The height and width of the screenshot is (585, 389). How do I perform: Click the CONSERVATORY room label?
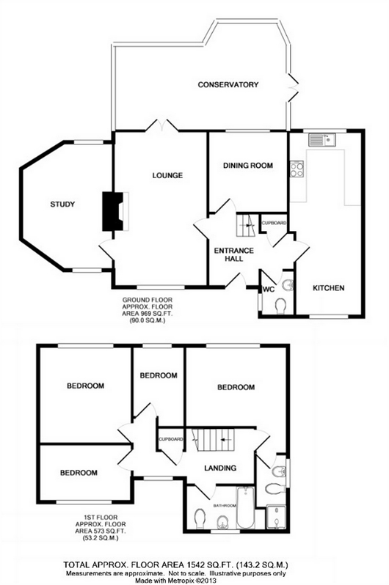(x=228, y=85)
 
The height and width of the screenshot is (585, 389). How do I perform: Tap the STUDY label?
(x=62, y=204)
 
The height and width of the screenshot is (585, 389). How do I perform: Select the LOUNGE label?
(x=167, y=175)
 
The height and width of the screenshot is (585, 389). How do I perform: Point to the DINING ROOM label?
(x=248, y=165)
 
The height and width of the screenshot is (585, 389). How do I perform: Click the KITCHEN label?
(x=329, y=288)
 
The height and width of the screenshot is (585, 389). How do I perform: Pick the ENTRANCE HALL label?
(x=234, y=254)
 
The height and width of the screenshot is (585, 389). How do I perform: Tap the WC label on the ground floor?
(x=269, y=289)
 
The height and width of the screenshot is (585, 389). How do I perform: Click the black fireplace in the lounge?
(x=112, y=211)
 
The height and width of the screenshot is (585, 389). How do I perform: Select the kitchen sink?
(x=322, y=140)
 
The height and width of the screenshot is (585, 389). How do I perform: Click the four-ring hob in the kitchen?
(x=297, y=169)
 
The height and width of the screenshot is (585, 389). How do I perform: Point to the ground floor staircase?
(x=246, y=224)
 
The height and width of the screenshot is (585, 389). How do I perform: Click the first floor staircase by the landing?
(x=213, y=440)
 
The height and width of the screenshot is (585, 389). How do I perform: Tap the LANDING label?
(x=220, y=468)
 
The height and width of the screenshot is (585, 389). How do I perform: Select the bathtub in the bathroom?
(x=245, y=507)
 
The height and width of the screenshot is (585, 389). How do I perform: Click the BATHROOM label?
(x=225, y=506)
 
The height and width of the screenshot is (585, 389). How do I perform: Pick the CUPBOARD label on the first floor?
(x=171, y=439)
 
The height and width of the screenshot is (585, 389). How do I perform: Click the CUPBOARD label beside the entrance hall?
(x=274, y=223)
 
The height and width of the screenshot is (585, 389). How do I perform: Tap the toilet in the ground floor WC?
(x=280, y=306)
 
